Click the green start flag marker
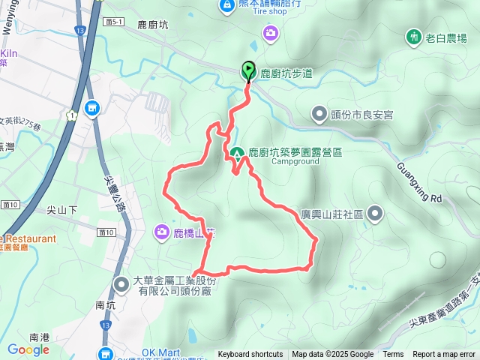pyautogui.click(x=248, y=71)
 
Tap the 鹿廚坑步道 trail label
pyautogui.click(x=286, y=73)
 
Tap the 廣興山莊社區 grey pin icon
pyautogui.click(x=376, y=214)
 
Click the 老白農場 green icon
pyautogui.click(x=413, y=36)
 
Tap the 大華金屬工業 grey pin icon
pyautogui.click(x=121, y=283)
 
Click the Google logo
pyautogui.click(x=28, y=349)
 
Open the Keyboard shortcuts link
pyautogui.click(x=250, y=355)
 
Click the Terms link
pyautogui.click(x=393, y=355)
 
